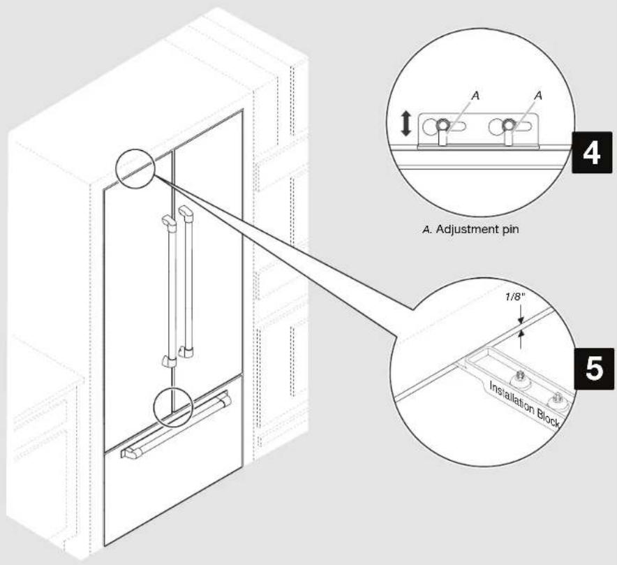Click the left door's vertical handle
pos(170,290)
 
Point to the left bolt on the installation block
pos(521,378)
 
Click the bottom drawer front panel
pos(174,496)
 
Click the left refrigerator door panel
pos(133,293)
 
